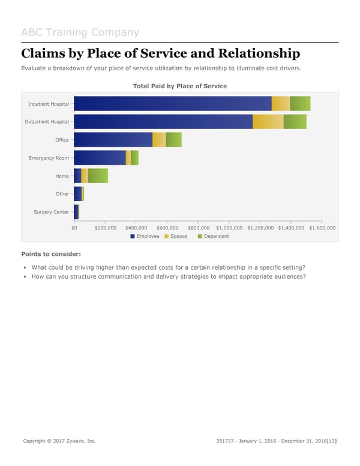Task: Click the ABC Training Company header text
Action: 80,32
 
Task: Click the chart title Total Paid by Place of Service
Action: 179,86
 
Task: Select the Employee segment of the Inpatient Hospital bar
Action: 172,103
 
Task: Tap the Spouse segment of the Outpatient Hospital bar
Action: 268,121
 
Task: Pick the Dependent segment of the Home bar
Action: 98,175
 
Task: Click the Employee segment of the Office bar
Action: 113,139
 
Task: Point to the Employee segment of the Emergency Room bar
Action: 100,157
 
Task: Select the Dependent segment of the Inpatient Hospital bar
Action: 300,103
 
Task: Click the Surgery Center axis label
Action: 51,212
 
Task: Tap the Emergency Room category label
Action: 49,158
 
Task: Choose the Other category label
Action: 62,194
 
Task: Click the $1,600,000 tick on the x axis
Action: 322,228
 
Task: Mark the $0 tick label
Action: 74,228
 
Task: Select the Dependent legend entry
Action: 213,236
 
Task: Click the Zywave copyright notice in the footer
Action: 59,441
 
